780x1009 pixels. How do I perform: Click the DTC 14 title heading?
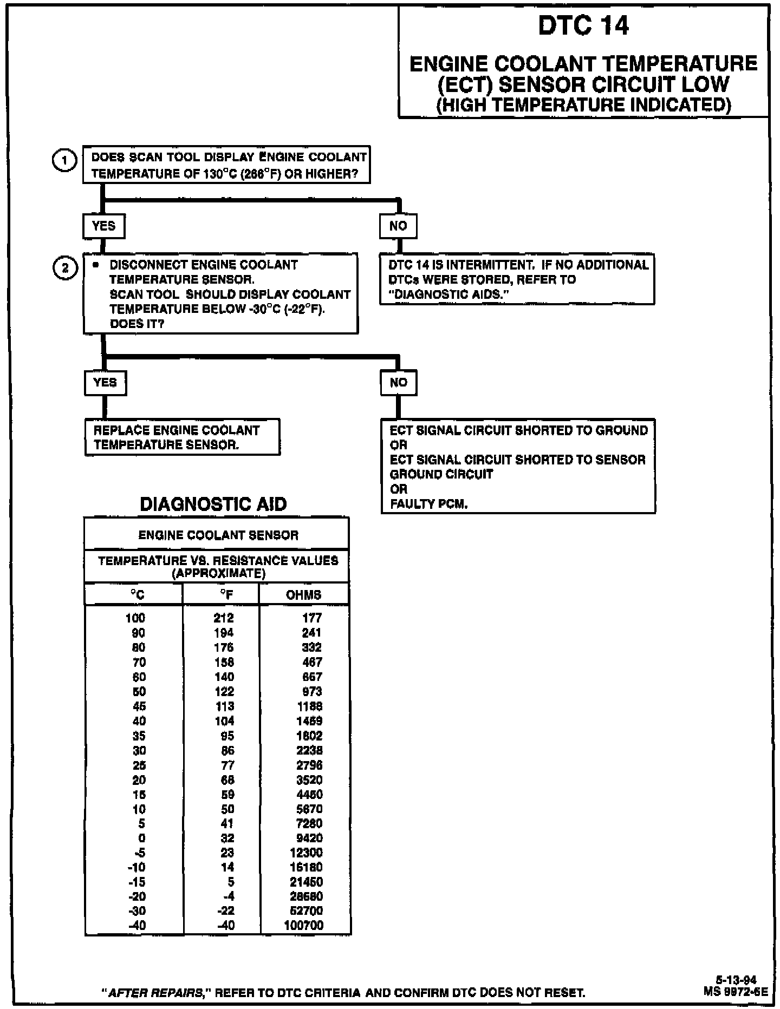tap(583, 26)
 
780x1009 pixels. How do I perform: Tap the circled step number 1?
tap(64, 161)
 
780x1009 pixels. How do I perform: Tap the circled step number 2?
tap(64, 268)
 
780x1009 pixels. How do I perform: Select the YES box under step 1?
tap(103, 226)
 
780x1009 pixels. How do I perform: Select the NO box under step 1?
tap(398, 226)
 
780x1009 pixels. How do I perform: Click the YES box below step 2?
tap(105, 382)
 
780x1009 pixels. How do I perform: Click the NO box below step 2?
tap(398, 382)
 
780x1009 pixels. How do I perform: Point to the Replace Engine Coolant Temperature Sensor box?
tap(182, 437)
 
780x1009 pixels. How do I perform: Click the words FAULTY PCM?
tap(428, 504)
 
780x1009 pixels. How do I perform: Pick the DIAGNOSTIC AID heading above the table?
tap(213, 504)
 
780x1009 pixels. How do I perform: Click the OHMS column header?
tap(303, 595)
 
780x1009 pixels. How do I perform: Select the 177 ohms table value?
tap(312, 618)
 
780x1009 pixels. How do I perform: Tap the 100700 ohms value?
tap(303, 925)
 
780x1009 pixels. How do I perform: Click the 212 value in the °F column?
tap(224, 618)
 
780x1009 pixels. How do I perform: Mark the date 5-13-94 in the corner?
tap(736, 980)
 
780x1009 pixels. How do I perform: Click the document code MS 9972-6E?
tap(736, 992)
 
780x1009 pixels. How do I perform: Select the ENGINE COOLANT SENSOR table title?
tap(218, 535)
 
